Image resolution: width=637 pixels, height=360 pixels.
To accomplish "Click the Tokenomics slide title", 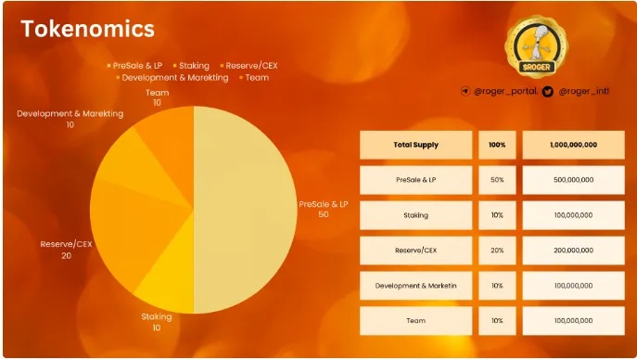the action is coord(87,29).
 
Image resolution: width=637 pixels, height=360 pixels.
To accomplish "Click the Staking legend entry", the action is coord(191,66).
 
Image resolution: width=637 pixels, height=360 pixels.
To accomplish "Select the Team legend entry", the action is coord(254,77).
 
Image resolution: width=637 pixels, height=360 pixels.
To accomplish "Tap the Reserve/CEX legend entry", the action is coord(248,66).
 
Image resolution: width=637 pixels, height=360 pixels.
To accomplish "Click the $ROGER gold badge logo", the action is coord(536,46).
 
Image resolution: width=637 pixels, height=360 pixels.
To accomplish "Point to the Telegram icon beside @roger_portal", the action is coord(465,91).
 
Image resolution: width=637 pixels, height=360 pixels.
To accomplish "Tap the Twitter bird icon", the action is coord(548,92).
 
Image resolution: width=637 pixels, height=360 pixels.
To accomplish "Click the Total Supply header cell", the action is coord(416,145).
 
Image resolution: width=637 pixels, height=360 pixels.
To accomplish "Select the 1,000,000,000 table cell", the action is coord(574,145).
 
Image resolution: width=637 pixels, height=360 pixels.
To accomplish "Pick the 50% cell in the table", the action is coord(497,180).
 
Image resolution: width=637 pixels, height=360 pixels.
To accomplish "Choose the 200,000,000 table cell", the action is coord(574,251).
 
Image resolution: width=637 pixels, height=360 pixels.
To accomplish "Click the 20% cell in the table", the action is coord(497,251).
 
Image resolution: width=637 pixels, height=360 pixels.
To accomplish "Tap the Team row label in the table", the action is coord(416,321).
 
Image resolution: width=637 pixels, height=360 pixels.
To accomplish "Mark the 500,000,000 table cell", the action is coord(574,180).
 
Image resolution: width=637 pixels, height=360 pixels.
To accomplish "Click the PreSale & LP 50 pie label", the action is coord(324,209).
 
